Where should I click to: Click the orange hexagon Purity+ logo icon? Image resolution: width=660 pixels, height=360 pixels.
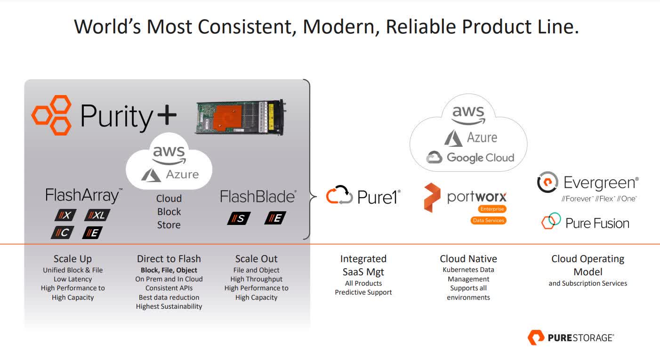click(52, 115)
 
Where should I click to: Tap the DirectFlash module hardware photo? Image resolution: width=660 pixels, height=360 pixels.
click(240, 117)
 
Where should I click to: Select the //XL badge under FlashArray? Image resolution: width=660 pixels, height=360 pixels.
click(97, 216)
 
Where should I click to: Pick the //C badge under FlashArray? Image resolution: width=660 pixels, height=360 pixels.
click(63, 232)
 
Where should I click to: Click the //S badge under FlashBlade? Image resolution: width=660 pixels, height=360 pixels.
click(239, 218)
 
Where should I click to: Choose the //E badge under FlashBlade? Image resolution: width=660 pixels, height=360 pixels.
click(275, 218)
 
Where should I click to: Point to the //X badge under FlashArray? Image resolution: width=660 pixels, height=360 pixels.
click(64, 216)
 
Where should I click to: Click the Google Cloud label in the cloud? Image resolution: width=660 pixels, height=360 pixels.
click(470, 158)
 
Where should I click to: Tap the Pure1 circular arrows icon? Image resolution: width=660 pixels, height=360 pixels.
click(339, 195)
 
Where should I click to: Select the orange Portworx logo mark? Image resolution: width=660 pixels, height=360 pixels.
click(432, 198)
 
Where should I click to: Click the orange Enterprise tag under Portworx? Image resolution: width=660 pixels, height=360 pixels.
click(492, 209)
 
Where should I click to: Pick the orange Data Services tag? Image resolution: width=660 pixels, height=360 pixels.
click(488, 220)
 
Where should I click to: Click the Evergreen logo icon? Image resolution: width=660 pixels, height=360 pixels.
click(547, 183)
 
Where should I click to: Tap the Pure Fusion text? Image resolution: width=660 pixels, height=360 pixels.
click(597, 223)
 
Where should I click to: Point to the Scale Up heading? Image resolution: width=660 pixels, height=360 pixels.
click(72, 259)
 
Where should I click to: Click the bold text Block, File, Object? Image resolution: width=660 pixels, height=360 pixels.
click(169, 270)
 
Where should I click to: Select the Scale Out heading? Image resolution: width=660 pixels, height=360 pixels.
click(256, 259)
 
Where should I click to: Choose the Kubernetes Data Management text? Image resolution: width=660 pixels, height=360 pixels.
click(468, 274)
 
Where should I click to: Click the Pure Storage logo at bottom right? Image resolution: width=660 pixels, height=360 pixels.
click(571, 337)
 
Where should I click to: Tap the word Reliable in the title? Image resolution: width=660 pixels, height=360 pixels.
click(420, 27)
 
